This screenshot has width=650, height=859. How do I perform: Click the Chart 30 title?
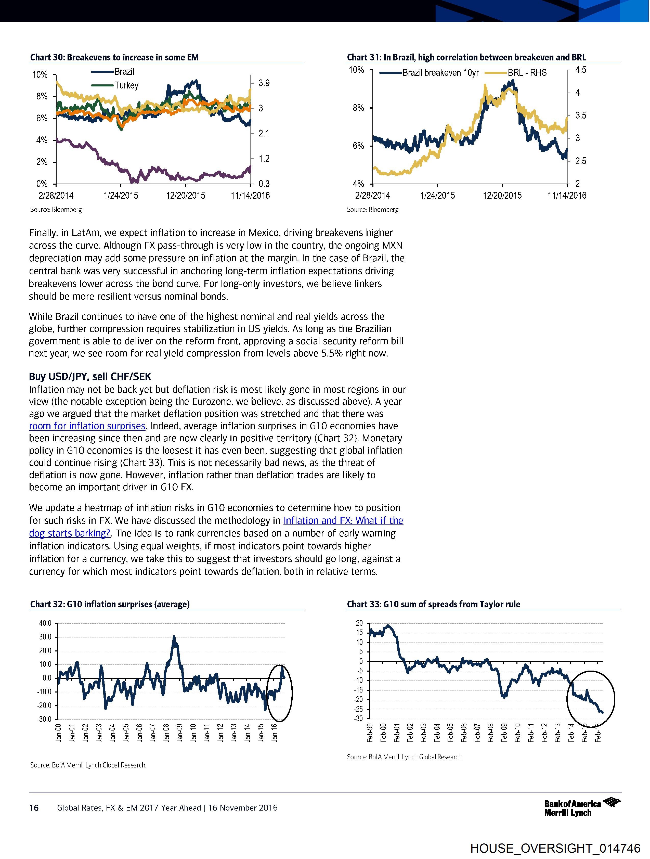pyautogui.click(x=114, y=57)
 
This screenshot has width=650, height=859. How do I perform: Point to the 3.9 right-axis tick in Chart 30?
pyautogui.click(x=264, y=83)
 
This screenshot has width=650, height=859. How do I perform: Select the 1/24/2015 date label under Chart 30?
pyautogui.click(x=121, y=195)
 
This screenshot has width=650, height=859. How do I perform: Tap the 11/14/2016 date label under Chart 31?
pyautogui.click(x=567, y=195)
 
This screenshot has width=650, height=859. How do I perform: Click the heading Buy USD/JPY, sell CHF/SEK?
pyautogui.click(x=90, y=376)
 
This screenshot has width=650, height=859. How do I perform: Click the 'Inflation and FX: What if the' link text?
pyautogui.click(x=343, y=520)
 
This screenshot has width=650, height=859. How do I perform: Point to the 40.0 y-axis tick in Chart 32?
pyautogui.click(x=45, y=623)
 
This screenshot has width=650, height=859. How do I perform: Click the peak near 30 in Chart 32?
pyautogui.click(x=174, y=637)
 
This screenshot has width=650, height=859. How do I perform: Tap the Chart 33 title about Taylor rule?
pyautogui.click(x=433, y=604)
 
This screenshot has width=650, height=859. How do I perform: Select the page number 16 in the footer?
pyautogui.click(x=34, y=808)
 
